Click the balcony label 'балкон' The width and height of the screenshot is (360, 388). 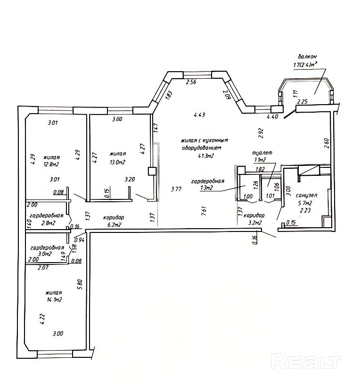click(307, 57)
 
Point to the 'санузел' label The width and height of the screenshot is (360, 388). click(307, 195)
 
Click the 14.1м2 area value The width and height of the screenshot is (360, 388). click(54, 300)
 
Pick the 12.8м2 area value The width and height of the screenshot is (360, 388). click(51, 164)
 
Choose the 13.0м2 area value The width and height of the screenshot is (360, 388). click(118, 162)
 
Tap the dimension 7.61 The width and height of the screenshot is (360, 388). click(204, 211)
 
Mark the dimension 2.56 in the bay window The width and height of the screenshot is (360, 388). click(191, 82)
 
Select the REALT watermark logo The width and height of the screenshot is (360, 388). click(306, 362)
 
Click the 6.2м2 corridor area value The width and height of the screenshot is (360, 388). click(114, 225)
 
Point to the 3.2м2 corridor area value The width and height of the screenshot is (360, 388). click(255, 223)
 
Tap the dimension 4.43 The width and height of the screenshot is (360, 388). click(199, 115)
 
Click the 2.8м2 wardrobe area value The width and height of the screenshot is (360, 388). click(48, 223)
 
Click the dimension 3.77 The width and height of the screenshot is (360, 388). click(176, 189)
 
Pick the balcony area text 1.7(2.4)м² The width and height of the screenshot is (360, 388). click(305, 65)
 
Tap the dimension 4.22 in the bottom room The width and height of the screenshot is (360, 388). click(42, 319)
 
